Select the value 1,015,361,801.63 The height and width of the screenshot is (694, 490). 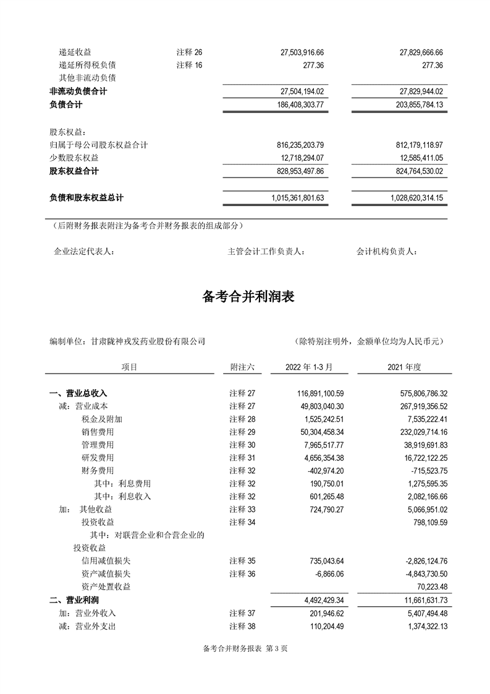click(x=298, y=198)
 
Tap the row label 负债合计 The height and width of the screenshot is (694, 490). click(x=66, y=105)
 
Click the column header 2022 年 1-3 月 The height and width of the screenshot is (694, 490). click(x=309, y=367)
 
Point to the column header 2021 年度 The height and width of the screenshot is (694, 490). click(x=404, y=367)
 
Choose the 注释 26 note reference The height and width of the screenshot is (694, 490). click(x=189, y=52)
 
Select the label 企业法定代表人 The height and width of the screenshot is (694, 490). click(x=85, y=252)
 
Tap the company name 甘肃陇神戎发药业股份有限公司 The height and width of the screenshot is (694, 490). click(x=148, y=341)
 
